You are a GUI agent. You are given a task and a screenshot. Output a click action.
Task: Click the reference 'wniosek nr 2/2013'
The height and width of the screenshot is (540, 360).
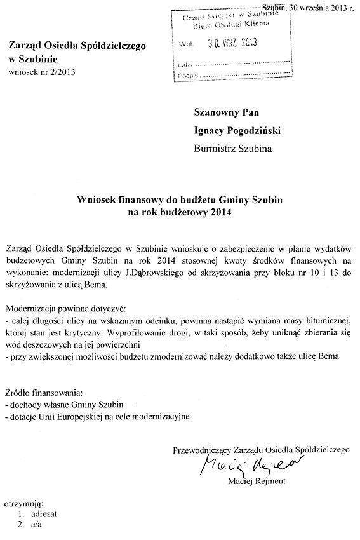tap(42, 71)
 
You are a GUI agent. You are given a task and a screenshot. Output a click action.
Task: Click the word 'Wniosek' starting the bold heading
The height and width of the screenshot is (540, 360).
tap(96, 199)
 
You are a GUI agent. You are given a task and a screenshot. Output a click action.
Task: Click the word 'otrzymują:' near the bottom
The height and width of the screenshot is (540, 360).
tap(23, 503)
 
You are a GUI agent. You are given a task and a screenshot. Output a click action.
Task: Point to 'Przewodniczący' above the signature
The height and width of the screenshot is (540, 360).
tap(203, 450)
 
